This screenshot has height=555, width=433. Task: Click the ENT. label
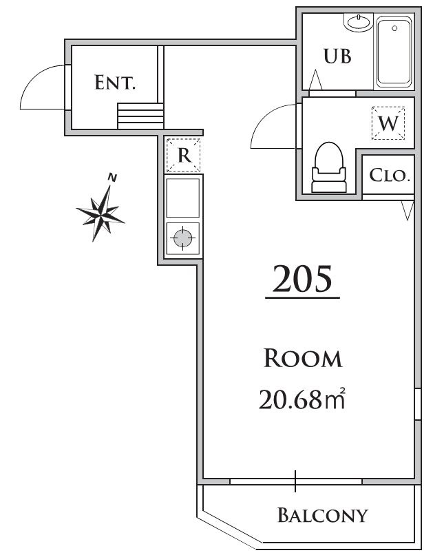[115, 84]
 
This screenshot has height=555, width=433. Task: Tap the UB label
[337, 56]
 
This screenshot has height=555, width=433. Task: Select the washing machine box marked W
[389, 124]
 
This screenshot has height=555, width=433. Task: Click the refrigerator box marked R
[184, 155]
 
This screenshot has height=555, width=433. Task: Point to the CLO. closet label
[390, 175]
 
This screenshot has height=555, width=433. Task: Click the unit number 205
[302, 280]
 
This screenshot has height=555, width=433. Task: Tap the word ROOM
[303, 358]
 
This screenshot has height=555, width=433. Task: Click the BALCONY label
[322, 514]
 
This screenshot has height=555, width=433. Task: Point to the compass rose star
[103, 213]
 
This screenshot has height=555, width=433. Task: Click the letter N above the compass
[112, 178]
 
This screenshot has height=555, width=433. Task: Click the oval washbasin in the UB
[359, 23]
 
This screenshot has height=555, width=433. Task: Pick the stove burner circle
[182, 239]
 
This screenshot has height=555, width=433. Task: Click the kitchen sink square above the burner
[183, 197]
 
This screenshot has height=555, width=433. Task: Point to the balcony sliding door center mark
[297, 481]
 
